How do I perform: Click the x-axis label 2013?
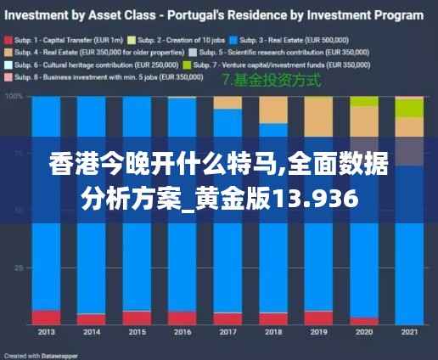(x=46, y=331)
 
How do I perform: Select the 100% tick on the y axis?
(x=14, y=97)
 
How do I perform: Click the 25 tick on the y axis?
(x=18, y=267)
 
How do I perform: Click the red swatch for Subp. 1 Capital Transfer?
(x=8, y=39)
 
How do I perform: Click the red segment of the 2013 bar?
(x=46, y=317)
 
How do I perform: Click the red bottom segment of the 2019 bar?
(x=317, y=318)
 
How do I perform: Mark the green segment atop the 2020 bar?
(x=363, y=101)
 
